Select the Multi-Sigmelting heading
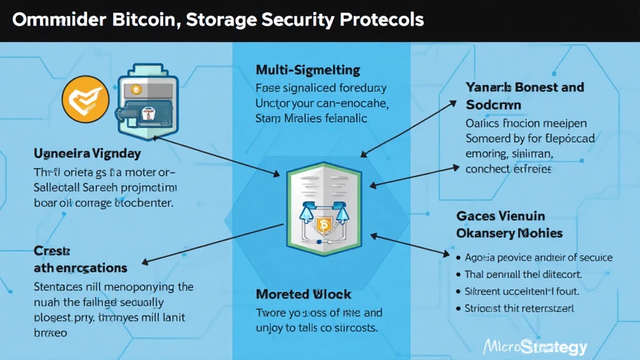308,69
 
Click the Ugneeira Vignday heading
87,153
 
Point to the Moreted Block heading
304,294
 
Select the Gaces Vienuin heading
501,216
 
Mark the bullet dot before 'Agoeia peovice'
460,257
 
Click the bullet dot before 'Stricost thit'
460,308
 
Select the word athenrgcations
80,268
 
